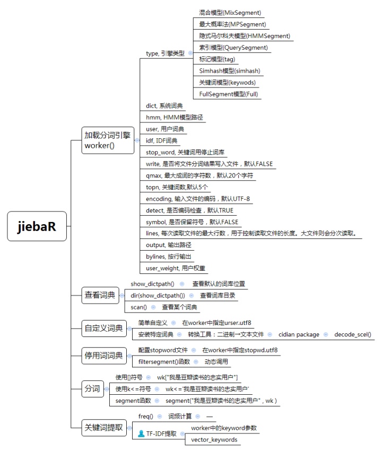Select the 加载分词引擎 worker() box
click(x=107, y=140)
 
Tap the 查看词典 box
click(x=100, y=295)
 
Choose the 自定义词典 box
click(x=103, y=328)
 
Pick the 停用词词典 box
click(x=103, y=355)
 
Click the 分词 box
click(x=92, y=389)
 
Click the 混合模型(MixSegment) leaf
click(x=230, y=12)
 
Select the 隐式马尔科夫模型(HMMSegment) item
click(x=245, y=36)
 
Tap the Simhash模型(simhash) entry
click(x=229, y=70)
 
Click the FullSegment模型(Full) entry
click(x=228, y=94)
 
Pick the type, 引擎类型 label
click(x=165, y=54)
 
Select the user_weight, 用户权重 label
click(x=176, y=268)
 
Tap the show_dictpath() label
click(x=152, y=284)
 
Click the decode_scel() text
click(x=353, y=334)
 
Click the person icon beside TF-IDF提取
click(x=141, y=433)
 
